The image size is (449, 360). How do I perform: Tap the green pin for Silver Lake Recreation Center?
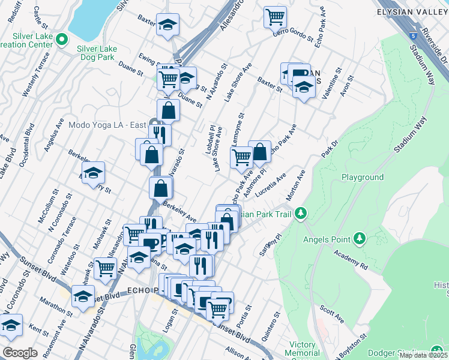click(61, 40)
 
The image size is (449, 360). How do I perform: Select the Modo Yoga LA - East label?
click(108, 125)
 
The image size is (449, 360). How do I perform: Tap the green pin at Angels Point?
click(359, 238)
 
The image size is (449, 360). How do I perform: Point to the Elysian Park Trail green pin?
click(302, 214)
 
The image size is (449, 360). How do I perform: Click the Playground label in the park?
click(363, 178)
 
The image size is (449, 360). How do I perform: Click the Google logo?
click(20, 352)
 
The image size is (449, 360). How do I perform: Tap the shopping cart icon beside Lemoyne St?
click(241, 157)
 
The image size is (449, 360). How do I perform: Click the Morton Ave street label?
click(296, 185)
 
